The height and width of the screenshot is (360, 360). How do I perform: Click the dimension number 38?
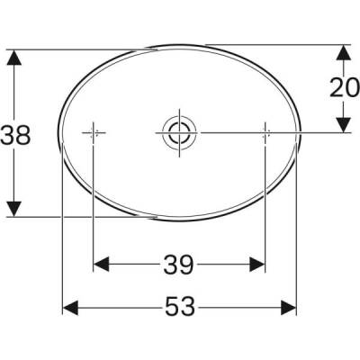click(x=16, y=135)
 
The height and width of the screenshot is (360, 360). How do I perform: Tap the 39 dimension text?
click(x=179, y=265)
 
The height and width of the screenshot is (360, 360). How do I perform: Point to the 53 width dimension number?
click(x=179, y=309)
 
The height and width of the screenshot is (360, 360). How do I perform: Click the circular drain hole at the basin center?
click(x=176, y=132)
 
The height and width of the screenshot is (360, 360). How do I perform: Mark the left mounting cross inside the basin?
click(x=94, y=132)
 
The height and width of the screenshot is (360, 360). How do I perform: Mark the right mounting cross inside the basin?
click(x=265, y=132)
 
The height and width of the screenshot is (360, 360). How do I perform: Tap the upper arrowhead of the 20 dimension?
click(x=344, y=51)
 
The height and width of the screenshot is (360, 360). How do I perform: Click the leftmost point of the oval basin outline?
click(x=60, y=135)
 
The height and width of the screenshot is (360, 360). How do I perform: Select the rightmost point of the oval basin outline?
click(x=298, y=135)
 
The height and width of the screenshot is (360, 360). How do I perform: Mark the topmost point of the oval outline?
click(x=179, y=44)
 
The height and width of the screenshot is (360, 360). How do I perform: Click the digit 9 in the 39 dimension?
click(x=187, y=265)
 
